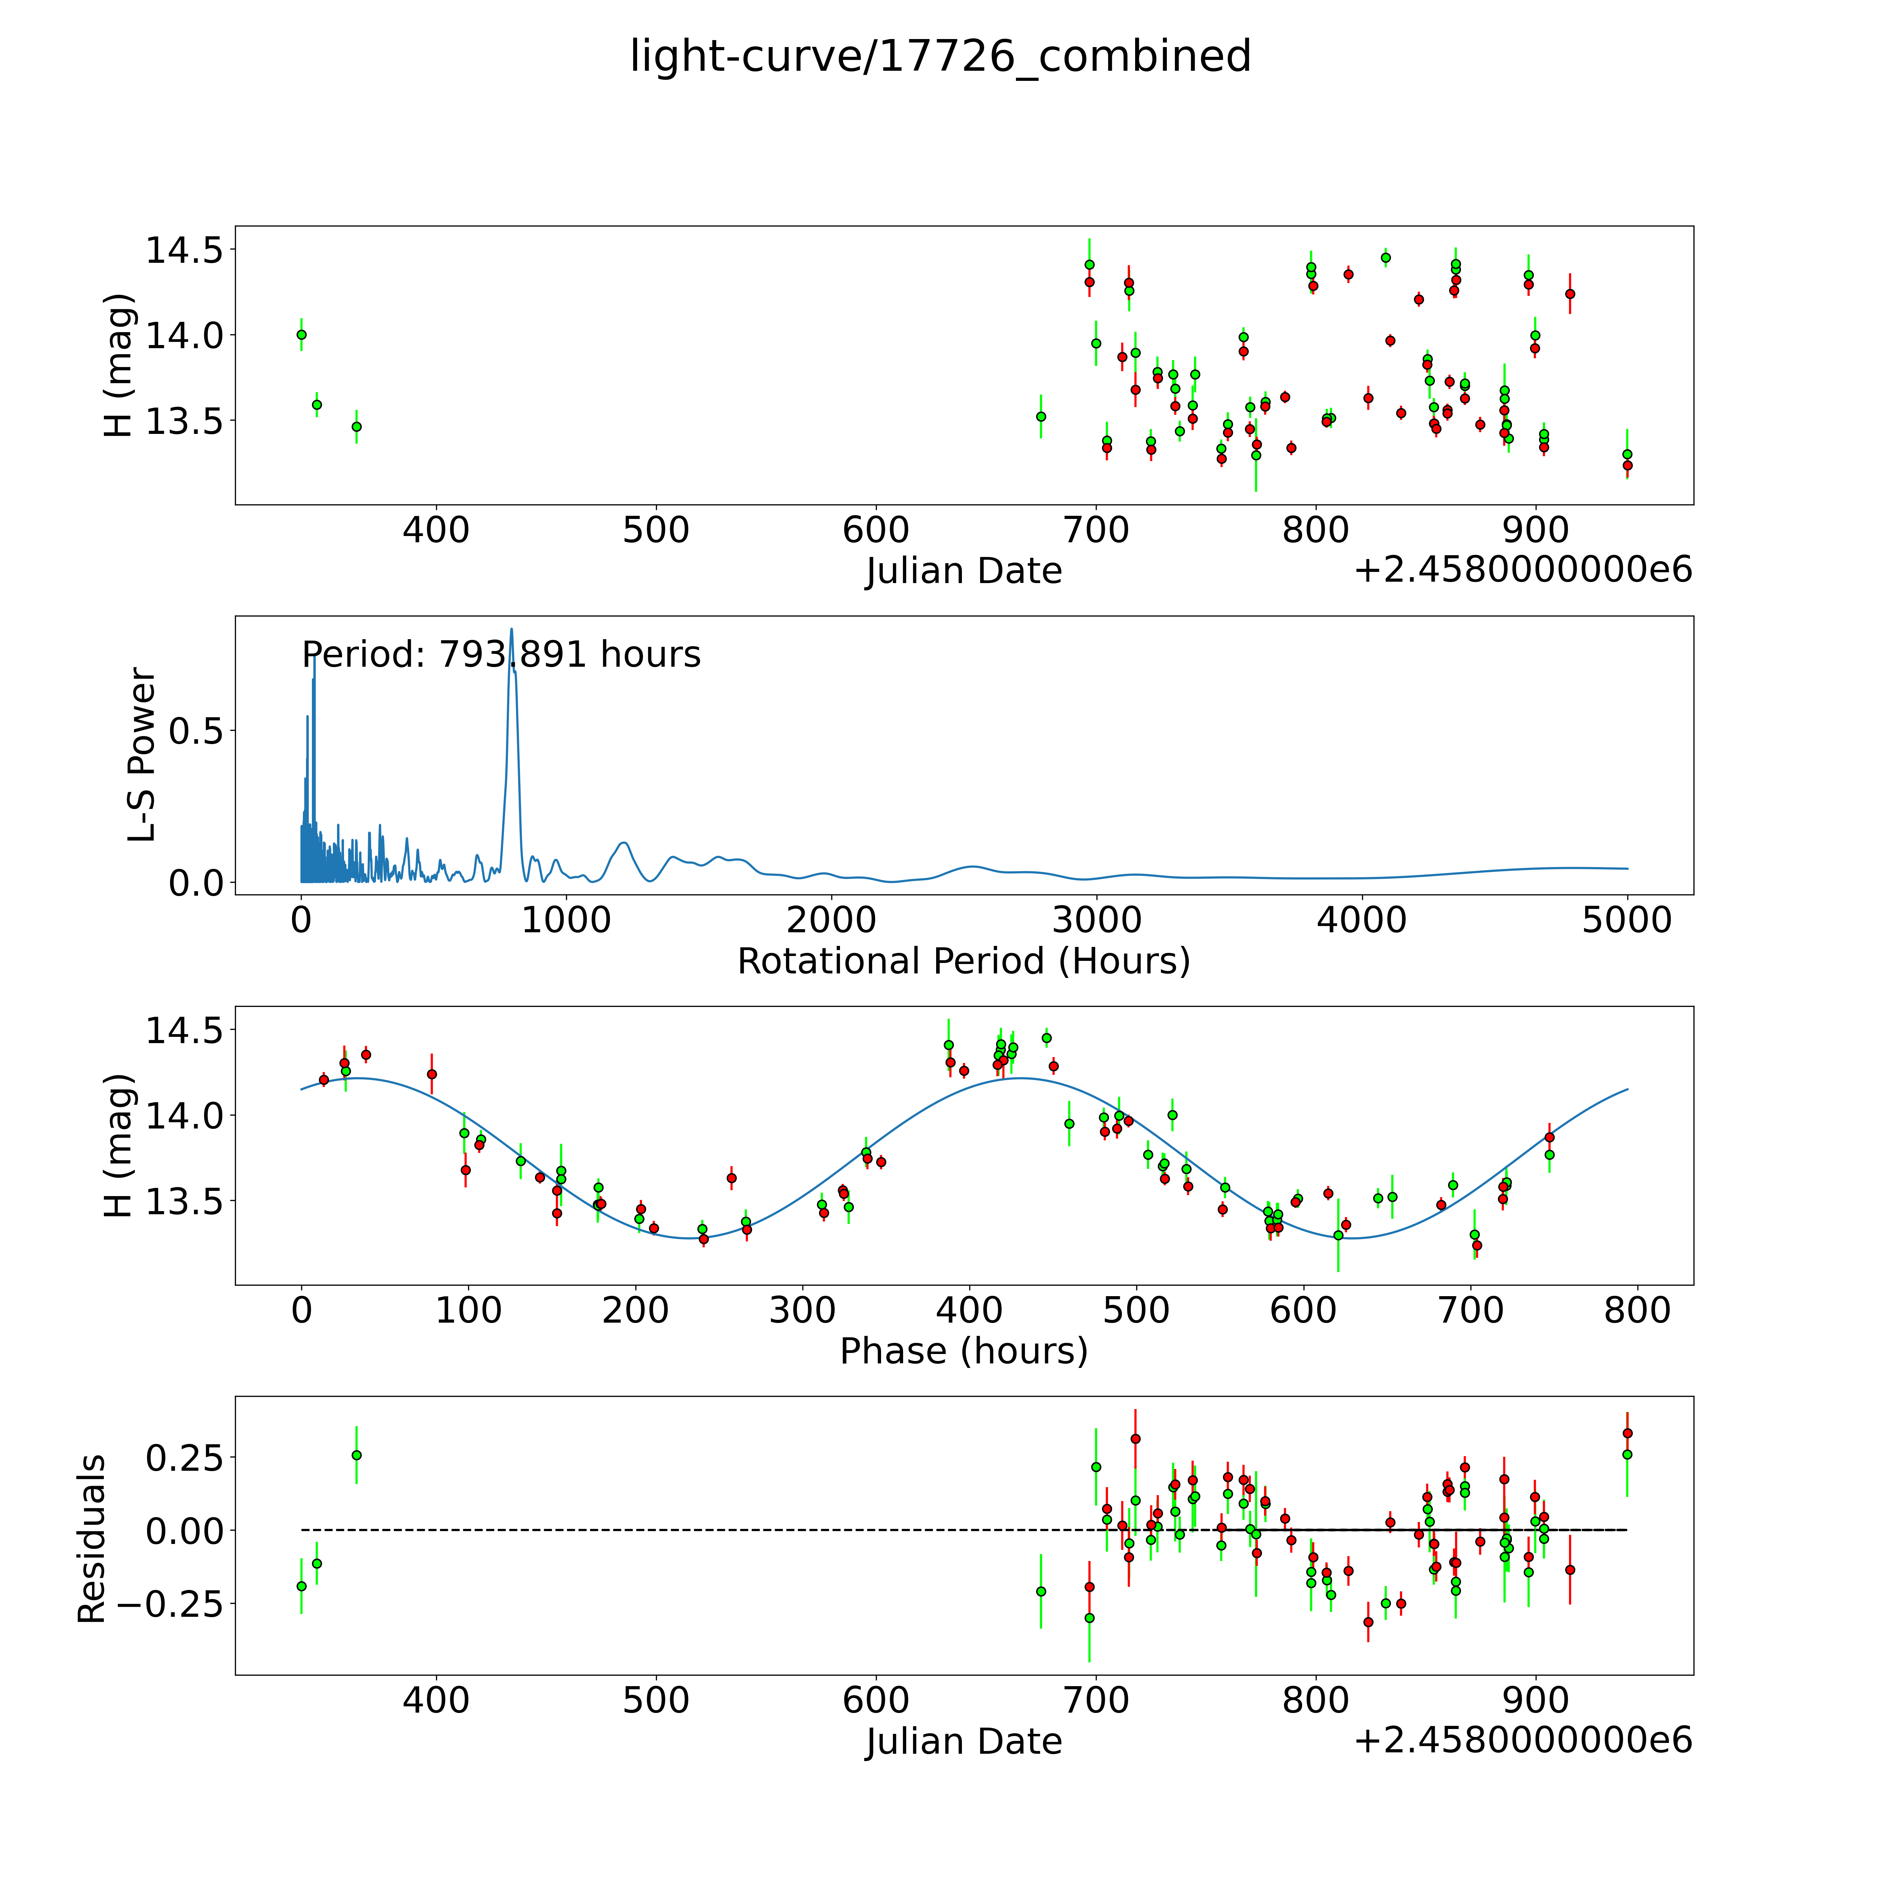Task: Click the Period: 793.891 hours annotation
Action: pyautogui.click(x=501, y=655)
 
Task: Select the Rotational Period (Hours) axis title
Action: pyautogui.click(x=963, y=962)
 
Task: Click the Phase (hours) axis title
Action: pyautogui.click(x=963, y=1351)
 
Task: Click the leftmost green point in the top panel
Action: pyautogui.click(x=301, y=334)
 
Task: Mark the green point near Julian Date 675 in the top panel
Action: pyautogui.click(x=1040, y=416)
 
